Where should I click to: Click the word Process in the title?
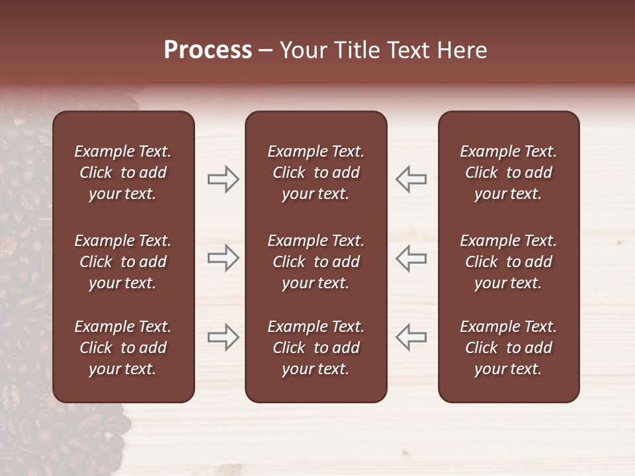(208, 50)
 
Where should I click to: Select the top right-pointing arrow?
(224, 179)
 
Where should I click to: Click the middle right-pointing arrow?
(224, 258)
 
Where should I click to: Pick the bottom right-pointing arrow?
(224, 337)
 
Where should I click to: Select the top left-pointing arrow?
(411, 179)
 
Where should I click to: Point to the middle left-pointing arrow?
(411, 258)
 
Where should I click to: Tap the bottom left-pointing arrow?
(411, 337)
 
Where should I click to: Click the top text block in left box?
(123, 173)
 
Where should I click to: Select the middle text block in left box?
(123, 262)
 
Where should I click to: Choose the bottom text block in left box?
(123, 348)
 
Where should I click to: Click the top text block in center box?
(316, 173)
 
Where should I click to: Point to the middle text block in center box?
(316, 262)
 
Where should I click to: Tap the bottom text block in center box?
(316, 348)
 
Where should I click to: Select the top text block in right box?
(508, 173)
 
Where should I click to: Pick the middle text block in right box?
(508, 262)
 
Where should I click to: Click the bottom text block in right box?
(508, 348)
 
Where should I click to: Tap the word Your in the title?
(304, 50)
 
